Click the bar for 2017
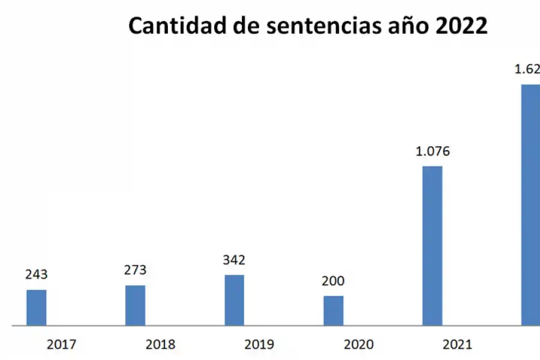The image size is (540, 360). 37,308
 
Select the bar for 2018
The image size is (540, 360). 135,305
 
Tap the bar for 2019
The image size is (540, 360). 235,300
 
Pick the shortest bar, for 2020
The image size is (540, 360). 334,311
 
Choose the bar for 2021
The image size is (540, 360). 433,246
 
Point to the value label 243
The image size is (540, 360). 36,274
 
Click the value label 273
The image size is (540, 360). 135,269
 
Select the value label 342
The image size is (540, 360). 234,260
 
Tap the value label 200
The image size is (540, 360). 333,281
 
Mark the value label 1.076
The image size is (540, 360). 433,151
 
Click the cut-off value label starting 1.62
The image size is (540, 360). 527,69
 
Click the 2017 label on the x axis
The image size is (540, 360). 61,345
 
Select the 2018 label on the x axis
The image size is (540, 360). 160,345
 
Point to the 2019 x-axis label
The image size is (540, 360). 259,345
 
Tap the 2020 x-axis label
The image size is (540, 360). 358,345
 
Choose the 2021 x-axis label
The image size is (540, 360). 457,345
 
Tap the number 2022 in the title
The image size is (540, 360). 462,26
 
